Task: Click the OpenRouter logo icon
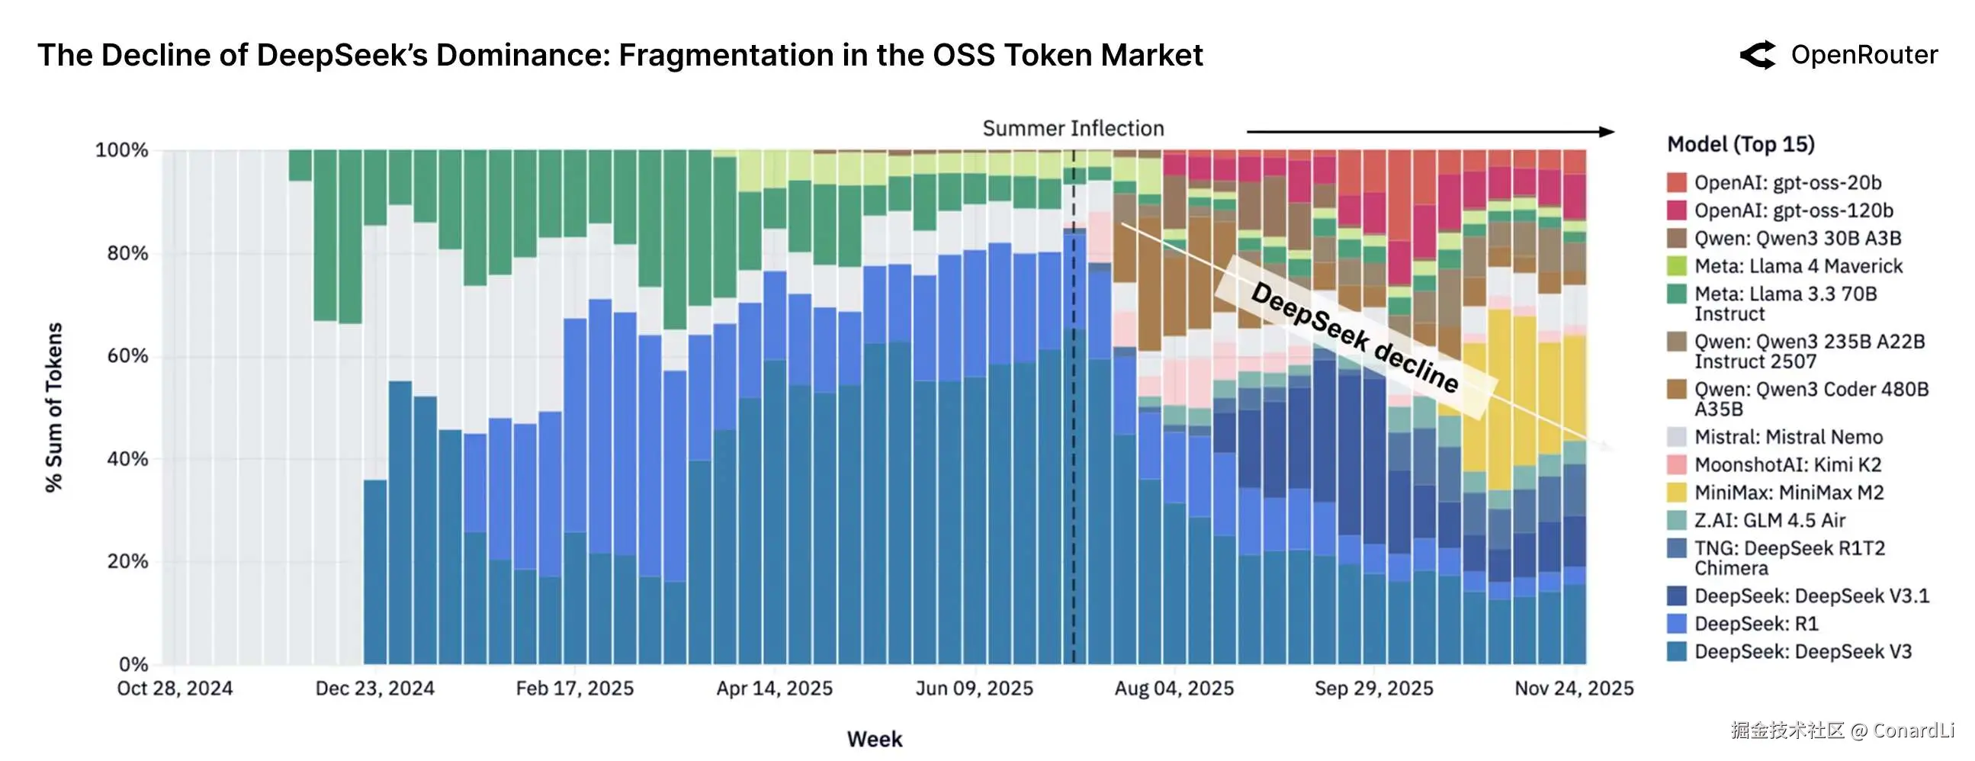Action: [1756, 55]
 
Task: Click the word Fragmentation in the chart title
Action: [725, 55]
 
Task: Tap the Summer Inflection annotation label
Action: [1073, 129]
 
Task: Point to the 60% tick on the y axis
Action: [127, 356]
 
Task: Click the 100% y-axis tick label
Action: [121, 150]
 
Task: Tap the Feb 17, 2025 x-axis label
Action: [574, 689]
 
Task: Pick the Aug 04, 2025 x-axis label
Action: [1174, 689]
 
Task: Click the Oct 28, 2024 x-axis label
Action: [175, 689]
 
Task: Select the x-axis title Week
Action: [874, 739]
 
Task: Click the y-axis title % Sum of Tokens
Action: [53, 407]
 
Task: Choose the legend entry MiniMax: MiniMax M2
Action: [1789, 493]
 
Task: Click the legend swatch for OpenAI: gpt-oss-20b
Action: [1677, 182]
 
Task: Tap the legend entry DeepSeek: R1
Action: [1755, 624]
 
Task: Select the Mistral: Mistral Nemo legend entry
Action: [1788, 437]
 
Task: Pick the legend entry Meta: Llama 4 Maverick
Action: [1798, 266]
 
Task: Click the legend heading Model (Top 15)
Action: [1740, 144]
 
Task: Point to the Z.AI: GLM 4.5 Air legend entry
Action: [1770, 520]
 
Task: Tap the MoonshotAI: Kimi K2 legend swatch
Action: [1677, 464]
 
